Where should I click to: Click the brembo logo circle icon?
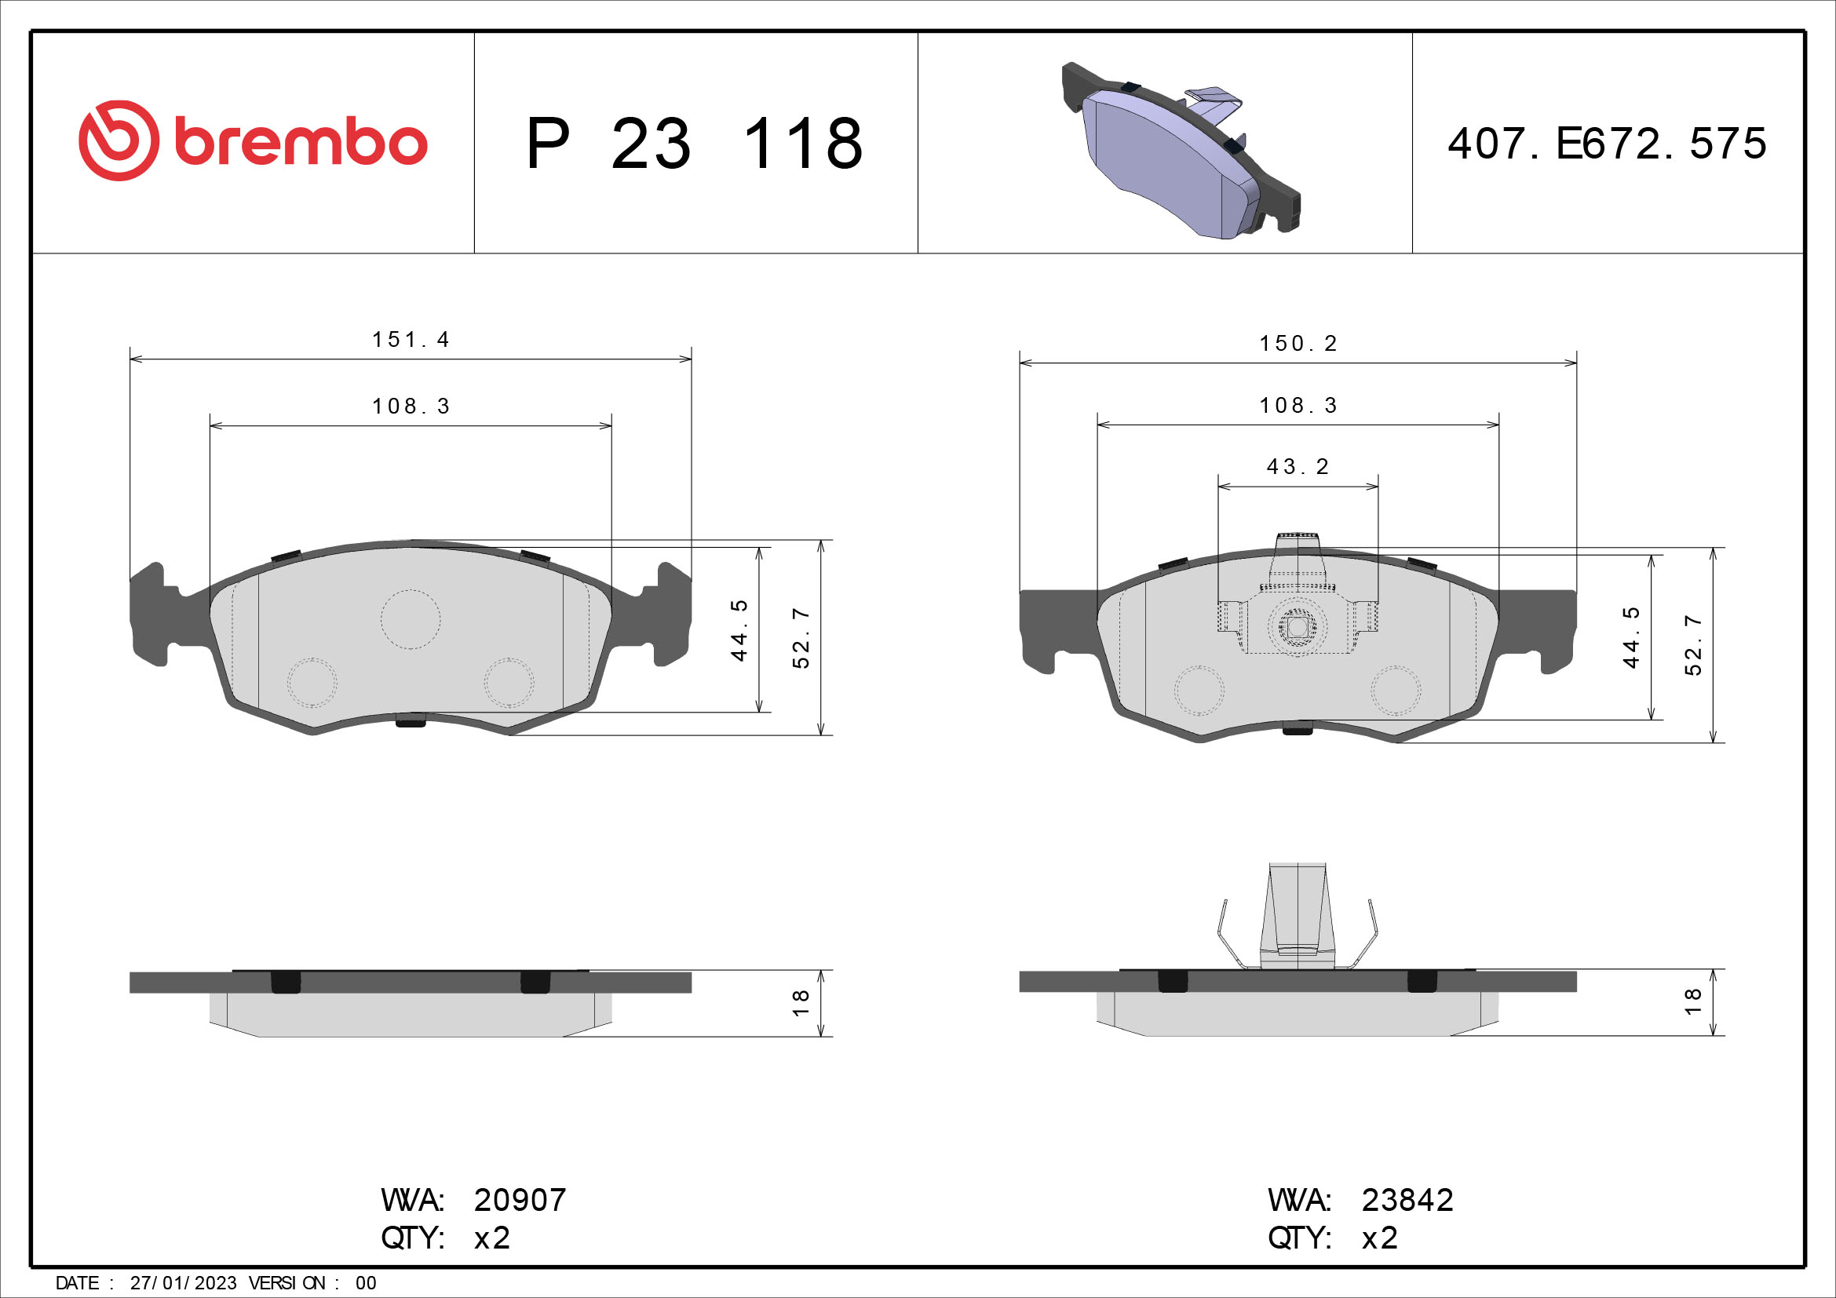pos(119,140)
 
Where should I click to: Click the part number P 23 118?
pos(694,144)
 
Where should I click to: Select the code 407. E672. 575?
pos(1607,144)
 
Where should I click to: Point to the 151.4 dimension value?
pos(411,340)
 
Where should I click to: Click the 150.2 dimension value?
pos(1298,344)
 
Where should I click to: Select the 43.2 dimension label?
pos(1298,467)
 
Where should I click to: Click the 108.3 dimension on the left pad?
pos(411,407)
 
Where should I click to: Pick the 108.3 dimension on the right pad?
pos(1298,406)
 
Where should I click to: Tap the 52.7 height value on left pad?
pos(801,638)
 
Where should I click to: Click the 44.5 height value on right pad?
pos(1631,637)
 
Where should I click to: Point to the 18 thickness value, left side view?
pos(801,1002)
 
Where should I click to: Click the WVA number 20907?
pos(520,1201)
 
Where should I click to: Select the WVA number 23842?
pos(1407,1201)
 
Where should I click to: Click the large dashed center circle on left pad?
pos(411,619)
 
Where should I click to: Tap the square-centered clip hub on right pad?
pos(1297,628)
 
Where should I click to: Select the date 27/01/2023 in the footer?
pos(183,1283)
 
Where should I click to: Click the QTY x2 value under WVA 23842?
pos(1379,1238)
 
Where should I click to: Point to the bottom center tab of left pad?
pos(411,720)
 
